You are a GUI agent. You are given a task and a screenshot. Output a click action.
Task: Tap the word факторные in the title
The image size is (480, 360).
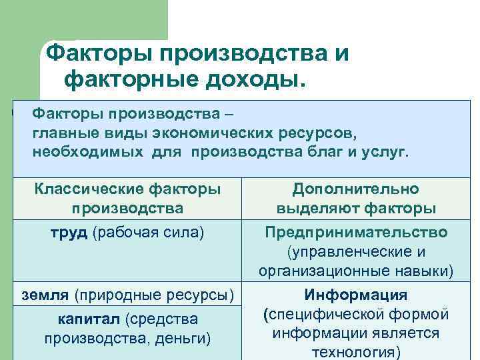pyautogui.click(x=124, y=79)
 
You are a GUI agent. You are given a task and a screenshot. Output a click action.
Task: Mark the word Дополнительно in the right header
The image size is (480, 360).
pyautogui.click(x=356, y=189)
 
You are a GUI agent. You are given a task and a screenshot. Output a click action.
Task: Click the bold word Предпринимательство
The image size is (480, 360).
pyautogui.click(x=356, y=233)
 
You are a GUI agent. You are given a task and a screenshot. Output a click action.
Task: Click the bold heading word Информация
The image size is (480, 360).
pyautogui.click(x=356, y=295)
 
